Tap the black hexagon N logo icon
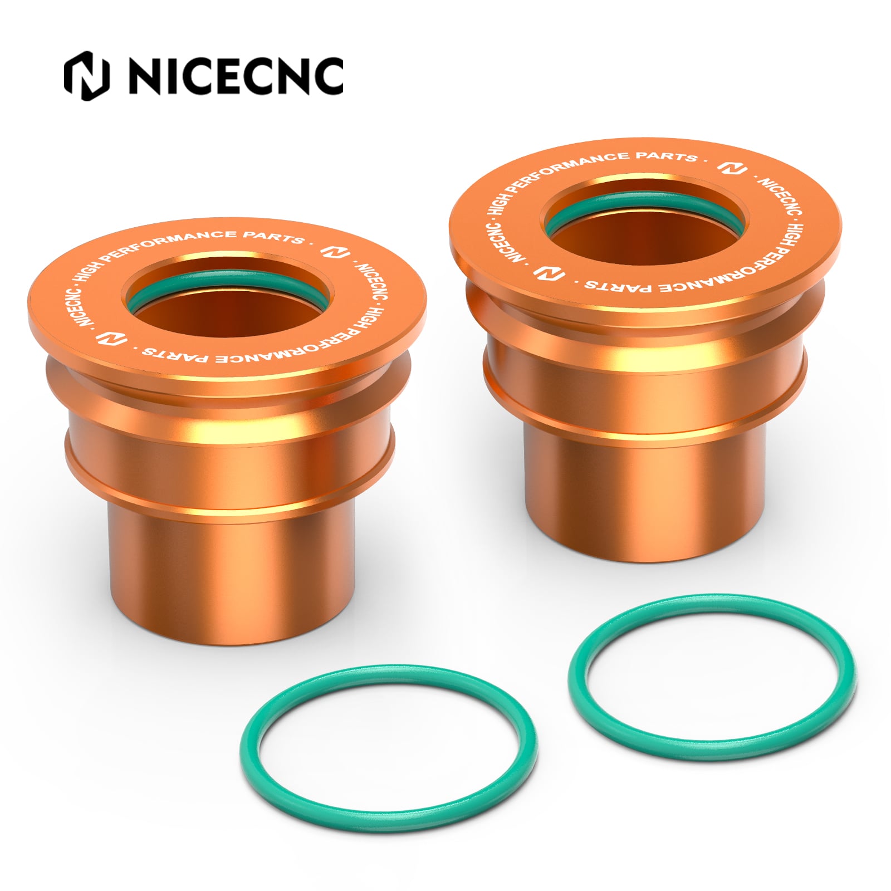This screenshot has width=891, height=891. (86, 76)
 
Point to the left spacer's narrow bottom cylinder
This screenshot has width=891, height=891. (231, 579)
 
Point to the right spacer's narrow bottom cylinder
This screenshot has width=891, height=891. (646, 496)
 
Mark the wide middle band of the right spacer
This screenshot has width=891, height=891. (646, 384)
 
